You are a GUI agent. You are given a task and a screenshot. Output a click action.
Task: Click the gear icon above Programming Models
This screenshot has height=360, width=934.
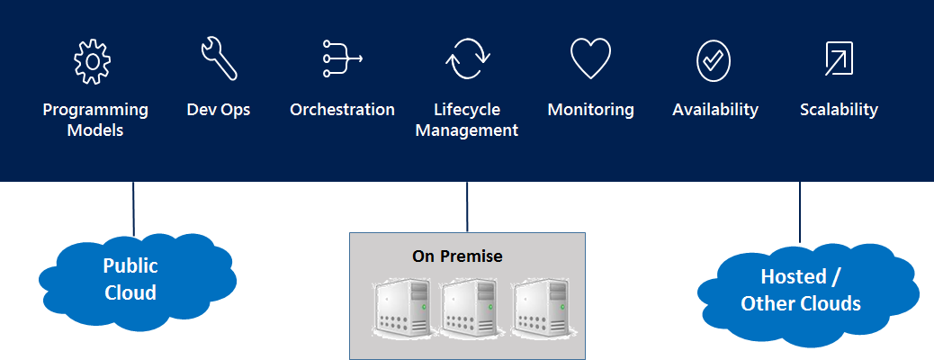click(x=91, y=61)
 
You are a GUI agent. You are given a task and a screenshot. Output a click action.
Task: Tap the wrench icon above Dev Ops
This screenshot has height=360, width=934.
click(x=219, y=59)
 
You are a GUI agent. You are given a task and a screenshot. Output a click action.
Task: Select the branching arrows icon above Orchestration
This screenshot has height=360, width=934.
click(x=342, y=59)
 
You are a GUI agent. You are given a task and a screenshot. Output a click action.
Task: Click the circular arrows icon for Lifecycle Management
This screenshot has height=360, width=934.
click(x=468, y=59)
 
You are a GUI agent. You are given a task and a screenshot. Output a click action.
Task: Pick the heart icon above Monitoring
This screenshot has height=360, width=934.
click(x=590, y=59)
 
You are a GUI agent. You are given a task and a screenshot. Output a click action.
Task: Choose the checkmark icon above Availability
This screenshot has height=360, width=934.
click(x=714, y=60)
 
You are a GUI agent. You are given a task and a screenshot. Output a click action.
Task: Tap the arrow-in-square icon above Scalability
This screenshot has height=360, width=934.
click(x=839, y=59)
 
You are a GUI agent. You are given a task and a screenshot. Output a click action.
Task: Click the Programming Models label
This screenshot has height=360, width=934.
click(x=95, y=120)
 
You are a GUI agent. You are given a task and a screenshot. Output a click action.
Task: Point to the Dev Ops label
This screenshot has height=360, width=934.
click(x=219, y=110)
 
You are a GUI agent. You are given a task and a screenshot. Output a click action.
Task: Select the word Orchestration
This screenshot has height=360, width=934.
click(x=342, y=110)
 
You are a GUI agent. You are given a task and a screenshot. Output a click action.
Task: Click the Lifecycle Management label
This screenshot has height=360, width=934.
click(x=468, y=120)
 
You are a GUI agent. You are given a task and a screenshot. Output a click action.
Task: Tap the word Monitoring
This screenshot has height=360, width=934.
click(x=590, y=110)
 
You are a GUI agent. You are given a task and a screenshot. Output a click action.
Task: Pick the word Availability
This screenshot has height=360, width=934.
click(x=715, y=110)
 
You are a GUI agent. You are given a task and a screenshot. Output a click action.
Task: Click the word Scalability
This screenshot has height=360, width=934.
click(x=839, y=110)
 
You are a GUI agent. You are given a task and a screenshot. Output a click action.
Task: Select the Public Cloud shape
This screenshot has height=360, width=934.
click(x=131, y=279)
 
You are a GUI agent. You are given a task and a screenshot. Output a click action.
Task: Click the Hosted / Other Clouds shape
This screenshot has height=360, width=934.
click(x=801, y=290)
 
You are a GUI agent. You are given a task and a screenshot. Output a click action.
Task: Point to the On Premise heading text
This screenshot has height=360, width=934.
click(x=457, y=256)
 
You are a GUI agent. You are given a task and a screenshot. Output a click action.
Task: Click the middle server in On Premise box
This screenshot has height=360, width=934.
click(x=468, y=308)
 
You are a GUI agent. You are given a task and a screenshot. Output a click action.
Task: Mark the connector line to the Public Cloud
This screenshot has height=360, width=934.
click(x=133, y=209)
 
